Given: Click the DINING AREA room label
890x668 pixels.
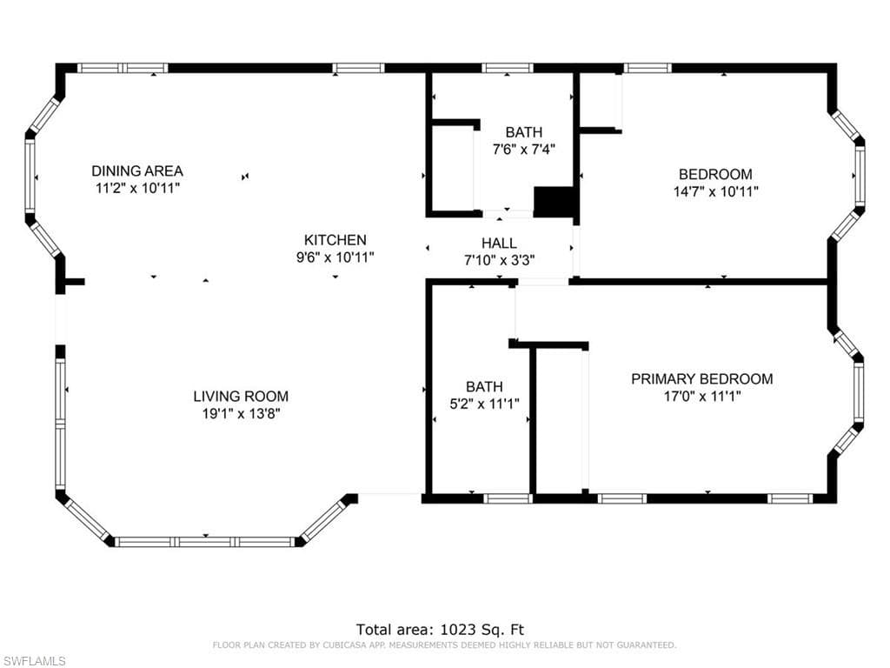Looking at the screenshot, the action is tap(137, 171).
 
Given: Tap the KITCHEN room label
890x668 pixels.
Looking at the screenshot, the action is tap(335, 240).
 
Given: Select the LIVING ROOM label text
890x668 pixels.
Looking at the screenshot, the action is tap(241, 396).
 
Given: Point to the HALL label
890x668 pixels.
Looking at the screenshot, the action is tap(499, 244).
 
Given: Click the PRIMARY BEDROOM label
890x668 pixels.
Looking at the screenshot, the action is tap(702, 379).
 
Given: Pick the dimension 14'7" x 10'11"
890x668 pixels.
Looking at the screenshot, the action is tap(716, 191).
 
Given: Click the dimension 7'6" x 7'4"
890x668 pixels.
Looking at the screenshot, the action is tap(523, 150).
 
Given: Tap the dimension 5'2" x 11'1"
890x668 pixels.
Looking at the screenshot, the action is tap(484, 404).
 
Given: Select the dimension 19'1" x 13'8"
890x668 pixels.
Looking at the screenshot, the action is tap(241, 413).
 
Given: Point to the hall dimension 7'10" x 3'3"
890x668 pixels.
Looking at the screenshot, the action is tap(499, 260).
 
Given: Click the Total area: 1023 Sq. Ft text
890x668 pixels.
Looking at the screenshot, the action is tap(440, 630).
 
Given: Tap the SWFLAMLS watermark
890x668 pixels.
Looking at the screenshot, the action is tap(34, 661).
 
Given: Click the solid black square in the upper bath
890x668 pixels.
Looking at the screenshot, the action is tap(554, 202).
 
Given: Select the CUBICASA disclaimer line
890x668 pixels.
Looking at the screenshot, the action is tap(444, 645).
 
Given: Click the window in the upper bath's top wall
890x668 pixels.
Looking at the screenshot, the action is tap(508, 68).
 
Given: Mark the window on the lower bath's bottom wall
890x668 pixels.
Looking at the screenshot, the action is tap(508, 498).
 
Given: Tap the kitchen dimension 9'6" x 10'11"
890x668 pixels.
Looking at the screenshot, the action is tap(335, 257).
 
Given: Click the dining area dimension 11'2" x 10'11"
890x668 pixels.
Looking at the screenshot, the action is tap(137, 188).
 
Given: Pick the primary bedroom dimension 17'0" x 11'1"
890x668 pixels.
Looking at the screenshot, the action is tap(702, 396).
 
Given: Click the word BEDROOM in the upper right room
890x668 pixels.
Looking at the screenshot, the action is tap(716, 174).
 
